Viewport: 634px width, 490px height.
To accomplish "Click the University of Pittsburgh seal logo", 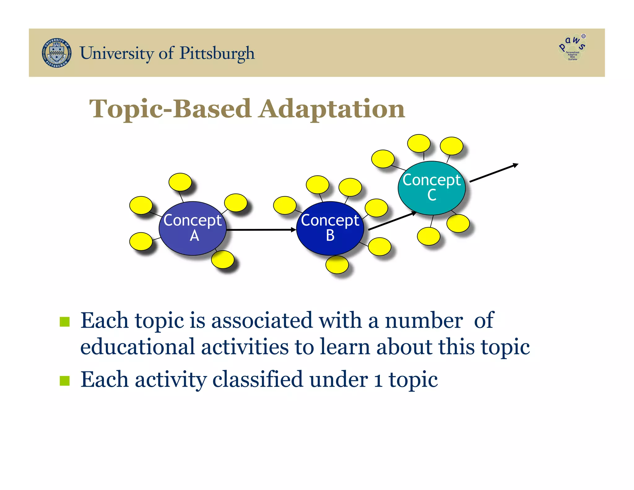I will pos(57,53).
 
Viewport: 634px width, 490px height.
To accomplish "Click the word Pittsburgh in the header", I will pos(217,53).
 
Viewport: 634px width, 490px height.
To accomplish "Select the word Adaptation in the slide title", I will pos(332,109).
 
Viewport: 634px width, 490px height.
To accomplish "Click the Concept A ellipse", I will pos(193,228).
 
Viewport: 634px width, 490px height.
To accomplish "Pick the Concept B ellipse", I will pos(330,228).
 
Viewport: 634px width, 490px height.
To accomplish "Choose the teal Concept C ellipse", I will pos(432,188).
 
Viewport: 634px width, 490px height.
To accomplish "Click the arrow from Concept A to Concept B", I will pos(261,230).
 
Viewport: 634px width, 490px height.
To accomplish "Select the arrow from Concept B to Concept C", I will pos(392,221).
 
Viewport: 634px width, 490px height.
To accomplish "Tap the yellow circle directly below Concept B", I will pos(337,265).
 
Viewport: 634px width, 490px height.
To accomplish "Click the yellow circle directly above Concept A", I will pos(180,182).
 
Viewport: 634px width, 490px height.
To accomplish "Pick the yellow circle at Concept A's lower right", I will pos(223,259).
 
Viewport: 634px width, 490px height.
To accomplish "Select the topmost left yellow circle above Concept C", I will pos(419,143).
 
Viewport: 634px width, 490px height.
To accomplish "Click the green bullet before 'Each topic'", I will pos(65,322).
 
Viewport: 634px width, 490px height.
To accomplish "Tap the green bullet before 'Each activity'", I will pos(65,381).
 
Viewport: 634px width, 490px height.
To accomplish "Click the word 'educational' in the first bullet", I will pos(137,347).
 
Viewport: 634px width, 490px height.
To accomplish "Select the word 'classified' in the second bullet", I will pos(258,380).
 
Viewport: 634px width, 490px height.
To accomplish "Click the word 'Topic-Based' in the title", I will pos(170,109).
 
